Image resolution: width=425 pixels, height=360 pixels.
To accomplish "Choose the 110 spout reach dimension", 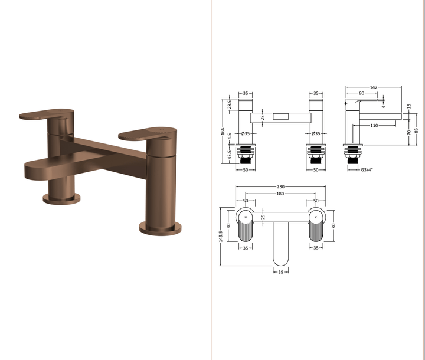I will (x=374, y=126).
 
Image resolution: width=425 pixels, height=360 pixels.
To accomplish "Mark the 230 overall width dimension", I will (x=280, y=187).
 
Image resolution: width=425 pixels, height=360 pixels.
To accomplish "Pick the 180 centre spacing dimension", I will (x=280, y=194).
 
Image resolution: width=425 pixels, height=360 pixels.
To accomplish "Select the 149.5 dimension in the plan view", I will (x=221, y=236).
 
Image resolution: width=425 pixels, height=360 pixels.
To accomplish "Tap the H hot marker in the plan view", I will (x=245, y=217).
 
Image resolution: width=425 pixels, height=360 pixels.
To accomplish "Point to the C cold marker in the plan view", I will (x=316, y=217).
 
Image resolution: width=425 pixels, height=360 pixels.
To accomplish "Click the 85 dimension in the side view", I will (x=416, y=130).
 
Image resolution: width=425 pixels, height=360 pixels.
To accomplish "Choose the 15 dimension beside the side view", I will (x=408, y=106).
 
